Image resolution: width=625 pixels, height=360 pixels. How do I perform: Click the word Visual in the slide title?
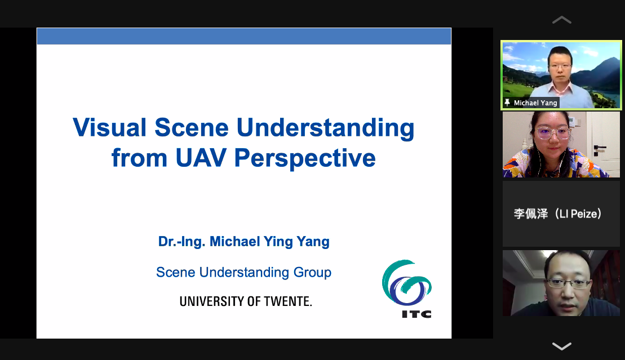pyautogui.click(x=109, y=127)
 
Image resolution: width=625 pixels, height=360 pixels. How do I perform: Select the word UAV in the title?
pyautogui.click(x=201, y=158)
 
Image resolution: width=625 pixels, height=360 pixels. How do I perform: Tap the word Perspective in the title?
pyautogui.click(x=305, y=158)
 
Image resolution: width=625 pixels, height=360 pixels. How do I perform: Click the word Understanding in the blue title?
pyautogui.click(x=325, y=128)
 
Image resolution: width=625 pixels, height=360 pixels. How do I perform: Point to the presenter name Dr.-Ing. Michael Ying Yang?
pyautogui.click(x=244, y=242)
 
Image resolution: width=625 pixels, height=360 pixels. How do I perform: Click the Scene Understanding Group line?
pyautogui.click(x=243, y=272)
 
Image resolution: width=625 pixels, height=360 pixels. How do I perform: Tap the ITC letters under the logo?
pyautogui.click(x=416, y=314)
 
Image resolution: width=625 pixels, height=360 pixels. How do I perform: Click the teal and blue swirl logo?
pyautogui.click(x=406, y=283)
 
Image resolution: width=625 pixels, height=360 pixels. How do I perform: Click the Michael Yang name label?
pyautogui.click(x=535, y=103)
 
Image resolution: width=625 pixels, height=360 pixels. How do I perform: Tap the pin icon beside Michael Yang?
pyautogui.click(x=507, y=103)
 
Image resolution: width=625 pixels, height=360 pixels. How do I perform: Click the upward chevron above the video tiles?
pyautogui.click(x=562, y=20)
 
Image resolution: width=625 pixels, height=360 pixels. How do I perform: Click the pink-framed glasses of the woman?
pyautogui.click(x=552, y=133)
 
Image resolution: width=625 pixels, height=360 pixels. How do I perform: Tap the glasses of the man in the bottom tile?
pyautogui.click(x=569, y=283)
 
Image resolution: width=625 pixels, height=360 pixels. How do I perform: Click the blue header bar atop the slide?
pyautogui.click(x=244, y=36)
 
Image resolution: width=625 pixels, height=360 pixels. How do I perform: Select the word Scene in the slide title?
pyautogui.click(x=191, y=127)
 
